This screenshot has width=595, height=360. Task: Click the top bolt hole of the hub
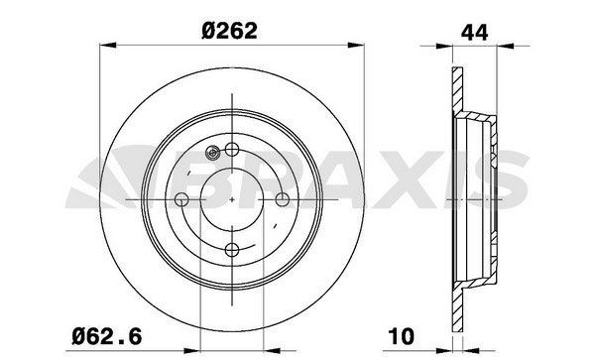click(x=232, y=150)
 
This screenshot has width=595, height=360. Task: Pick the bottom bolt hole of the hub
click(x=232, y=249)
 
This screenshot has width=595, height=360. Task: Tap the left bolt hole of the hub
click(x=182, y=199)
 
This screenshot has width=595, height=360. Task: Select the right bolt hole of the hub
click(x=282, y=199)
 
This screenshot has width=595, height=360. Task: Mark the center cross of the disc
click(x=232, y=199)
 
